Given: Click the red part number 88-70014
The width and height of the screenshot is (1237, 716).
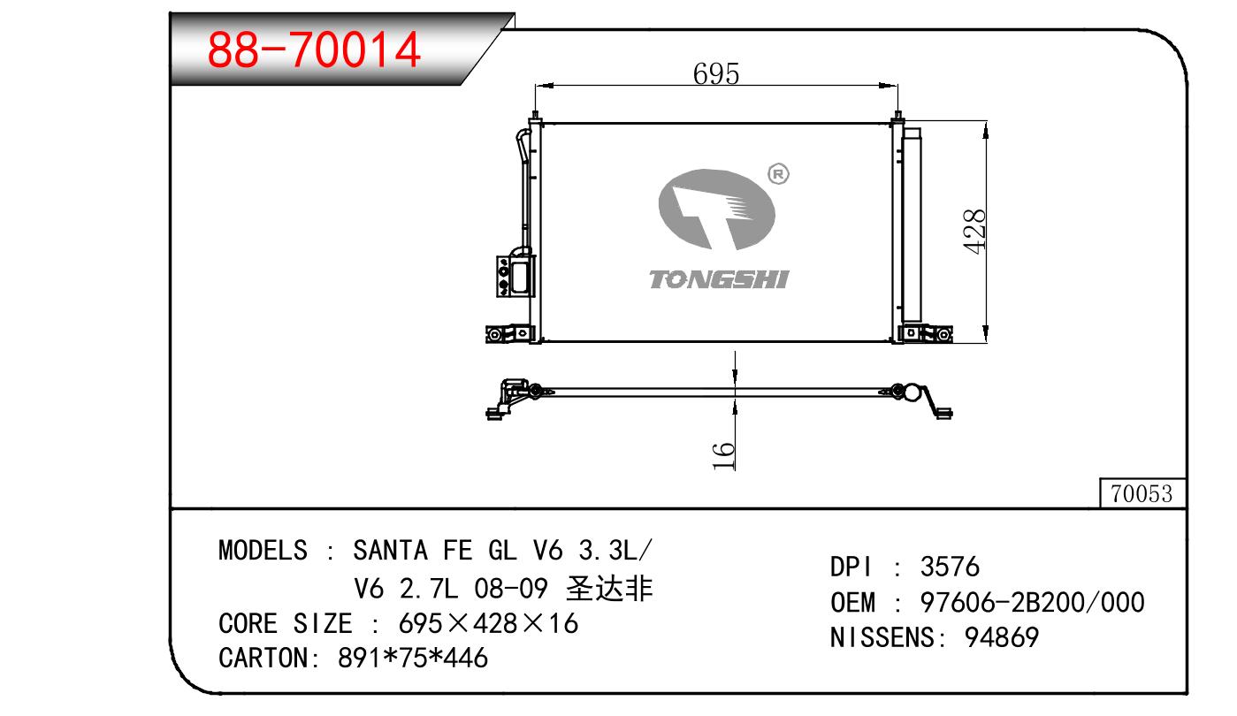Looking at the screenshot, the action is point(314,50).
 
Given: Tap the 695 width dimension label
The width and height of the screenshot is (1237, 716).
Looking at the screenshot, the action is point(715,73).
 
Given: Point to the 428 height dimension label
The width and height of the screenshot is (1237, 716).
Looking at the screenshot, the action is point(974,232).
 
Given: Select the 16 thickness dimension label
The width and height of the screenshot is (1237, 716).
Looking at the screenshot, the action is point(723,455).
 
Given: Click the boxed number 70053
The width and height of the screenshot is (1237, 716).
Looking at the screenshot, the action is point(1142,493).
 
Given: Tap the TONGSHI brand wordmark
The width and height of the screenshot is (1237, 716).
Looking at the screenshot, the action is point(719,279).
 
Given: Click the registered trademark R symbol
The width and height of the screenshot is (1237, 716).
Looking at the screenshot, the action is point(778,174).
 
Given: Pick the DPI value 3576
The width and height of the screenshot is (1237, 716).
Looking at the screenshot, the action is point(950,567).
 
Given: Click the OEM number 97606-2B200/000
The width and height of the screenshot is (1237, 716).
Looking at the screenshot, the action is point(1032,602).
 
